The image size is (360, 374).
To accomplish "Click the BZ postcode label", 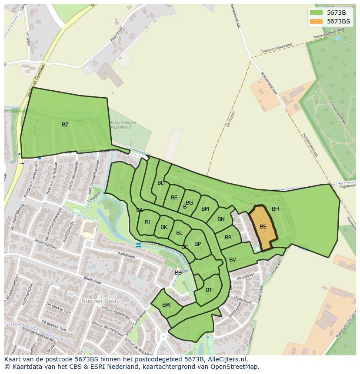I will coord(65,125).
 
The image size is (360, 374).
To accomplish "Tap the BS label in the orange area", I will coord(263,227).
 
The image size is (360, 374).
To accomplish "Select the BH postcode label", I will coord(275,209).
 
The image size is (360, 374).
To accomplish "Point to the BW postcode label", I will coord(167,305).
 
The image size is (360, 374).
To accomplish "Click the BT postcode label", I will coord(209,290).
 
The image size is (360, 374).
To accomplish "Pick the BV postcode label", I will coord(233,260).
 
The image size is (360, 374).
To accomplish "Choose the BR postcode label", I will coord(228,238).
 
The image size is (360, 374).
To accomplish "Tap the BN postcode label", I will coord(221,219).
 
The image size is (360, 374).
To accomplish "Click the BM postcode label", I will coord(205,209).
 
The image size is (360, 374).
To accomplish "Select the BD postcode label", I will coord(161,183).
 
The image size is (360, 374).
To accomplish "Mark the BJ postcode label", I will coord(147,222).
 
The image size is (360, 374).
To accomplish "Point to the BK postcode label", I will coord(164,227).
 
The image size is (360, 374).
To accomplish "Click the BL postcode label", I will coord(179,233).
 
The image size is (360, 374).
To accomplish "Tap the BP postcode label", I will coord(197,244).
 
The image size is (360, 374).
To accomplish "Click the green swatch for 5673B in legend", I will coord(317,13).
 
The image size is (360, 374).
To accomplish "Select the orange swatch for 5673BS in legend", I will coord(317,21).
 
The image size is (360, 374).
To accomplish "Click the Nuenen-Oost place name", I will coord(97,301).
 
